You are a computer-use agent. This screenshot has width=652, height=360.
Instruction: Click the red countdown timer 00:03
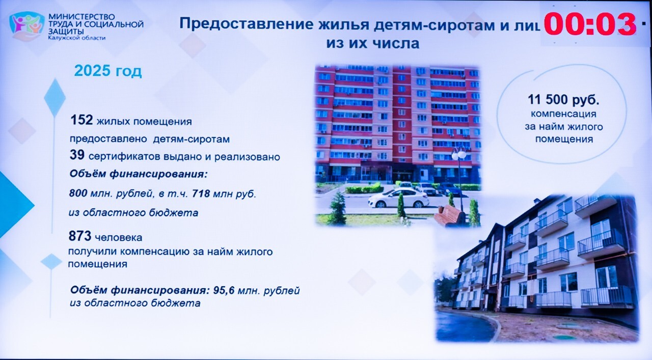(590, 24)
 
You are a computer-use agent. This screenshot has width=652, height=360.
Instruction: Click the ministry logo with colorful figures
(27, 25)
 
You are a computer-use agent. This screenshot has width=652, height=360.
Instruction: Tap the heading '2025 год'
(108, 71)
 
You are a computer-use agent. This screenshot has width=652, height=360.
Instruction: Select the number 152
(82, 120)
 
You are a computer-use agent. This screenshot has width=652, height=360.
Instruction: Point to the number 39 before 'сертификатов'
(77, 155)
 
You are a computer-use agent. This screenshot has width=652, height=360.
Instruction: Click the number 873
(80, 236)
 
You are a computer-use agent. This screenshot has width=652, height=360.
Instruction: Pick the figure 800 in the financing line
(78, 193)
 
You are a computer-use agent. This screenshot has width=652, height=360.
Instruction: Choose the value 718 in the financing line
(201, 193)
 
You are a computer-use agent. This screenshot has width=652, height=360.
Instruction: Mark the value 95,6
(224, 290)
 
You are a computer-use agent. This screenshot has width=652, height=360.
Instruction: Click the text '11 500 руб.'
(564, 99)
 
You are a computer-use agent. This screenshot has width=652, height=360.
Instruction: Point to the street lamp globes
(459, 154)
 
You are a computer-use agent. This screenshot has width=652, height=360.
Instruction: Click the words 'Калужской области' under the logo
(77, 38)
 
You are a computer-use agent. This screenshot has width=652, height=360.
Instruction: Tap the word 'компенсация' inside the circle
(564, 114)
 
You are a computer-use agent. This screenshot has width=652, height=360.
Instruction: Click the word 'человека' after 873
(119, 238)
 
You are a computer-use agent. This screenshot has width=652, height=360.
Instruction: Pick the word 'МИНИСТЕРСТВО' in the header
(82, 17)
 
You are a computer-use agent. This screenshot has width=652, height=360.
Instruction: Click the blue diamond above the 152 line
(55, 98)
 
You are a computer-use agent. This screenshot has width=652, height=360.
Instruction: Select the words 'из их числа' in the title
(373, 44)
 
